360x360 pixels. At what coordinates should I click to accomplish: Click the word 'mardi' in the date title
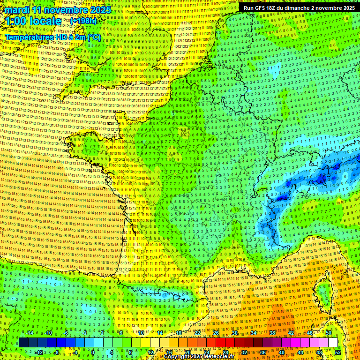(x=17, y=10)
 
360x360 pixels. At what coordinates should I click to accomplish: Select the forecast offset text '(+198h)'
(x=83, y=21)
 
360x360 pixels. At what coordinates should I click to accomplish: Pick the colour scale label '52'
(x=337, y=352)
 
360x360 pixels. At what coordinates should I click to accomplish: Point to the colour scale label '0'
(x=92, y=352)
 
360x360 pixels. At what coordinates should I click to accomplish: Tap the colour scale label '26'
(x=216, y=333)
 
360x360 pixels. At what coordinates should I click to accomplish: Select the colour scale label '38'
(x=272, y=333)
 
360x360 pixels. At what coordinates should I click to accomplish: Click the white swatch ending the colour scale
(x=333, y=343)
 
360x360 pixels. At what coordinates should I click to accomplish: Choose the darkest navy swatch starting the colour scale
(x=23, y=343)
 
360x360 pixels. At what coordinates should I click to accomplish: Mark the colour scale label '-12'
(x=39, y=352)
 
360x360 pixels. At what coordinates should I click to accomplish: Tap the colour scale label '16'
(x=168, y=352)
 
